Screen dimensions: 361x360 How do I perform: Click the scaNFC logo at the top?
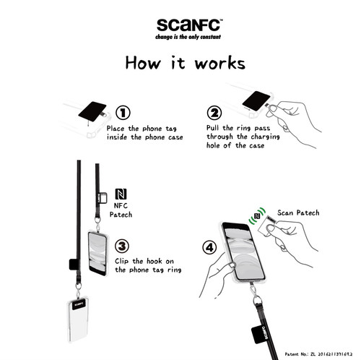[x=189, y=25]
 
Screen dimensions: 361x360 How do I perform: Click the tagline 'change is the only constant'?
[x=188, y=37]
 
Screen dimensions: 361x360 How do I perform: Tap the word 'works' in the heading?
[x=220, y=64]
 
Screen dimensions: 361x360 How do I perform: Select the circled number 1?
[x=123, y=113]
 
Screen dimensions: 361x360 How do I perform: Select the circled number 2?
[x=214, y=113]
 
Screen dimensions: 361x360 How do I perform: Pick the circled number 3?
[x=122, y=246]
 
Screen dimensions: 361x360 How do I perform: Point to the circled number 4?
[x=209, y=247]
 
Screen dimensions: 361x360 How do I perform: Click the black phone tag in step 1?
[x=92, y=111]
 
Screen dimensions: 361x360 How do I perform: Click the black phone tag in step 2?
[x=256, y=101]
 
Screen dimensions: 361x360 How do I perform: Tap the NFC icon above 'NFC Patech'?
[x=121, y=194]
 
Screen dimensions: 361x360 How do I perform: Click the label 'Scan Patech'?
[x=298, y=213]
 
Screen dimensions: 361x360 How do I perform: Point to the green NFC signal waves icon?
[x=257, y=215]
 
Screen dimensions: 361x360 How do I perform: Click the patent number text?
[x=318, y=354]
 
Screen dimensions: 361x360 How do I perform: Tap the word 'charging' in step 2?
[x=265, y=137]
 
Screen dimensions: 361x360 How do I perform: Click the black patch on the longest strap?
[x=74, y=265]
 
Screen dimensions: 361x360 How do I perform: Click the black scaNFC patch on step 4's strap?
[x=261, y=335]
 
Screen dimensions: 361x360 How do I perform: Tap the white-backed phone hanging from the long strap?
[x=77, y=320]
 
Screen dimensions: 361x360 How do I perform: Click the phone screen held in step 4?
[x=243, y=252]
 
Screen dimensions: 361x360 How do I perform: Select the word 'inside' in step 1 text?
[x=117, y=137]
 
